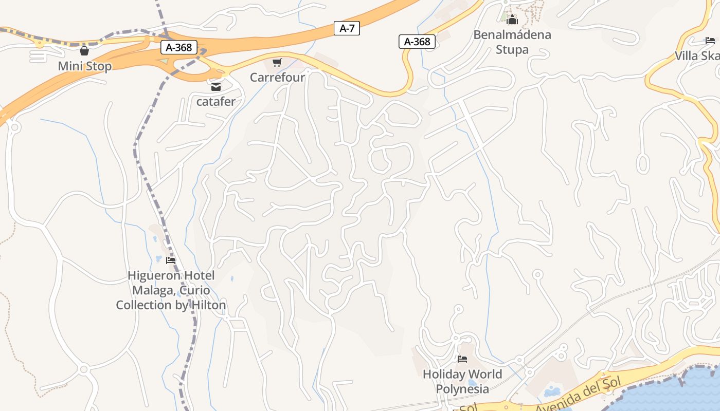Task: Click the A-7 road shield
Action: tap(347, 28)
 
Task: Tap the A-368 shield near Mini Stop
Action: tap(179, 48)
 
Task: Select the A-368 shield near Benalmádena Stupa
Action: tap(417, 42)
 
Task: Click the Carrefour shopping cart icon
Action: tap(277, 63)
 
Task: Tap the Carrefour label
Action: tap(277, 78)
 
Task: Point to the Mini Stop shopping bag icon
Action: tap(84, 51)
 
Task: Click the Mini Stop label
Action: tap(84, 66)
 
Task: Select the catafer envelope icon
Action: tap(215, 87)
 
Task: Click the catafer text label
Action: tap(215, 101)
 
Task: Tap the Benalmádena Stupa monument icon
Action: tap(512, 20)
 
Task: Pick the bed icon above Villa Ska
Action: tap(710, 41)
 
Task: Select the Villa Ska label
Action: tap(697, 56)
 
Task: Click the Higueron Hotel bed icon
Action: tap(171, 260)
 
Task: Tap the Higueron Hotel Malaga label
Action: tap(171, 290)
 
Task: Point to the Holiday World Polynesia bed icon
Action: tap(462, 359)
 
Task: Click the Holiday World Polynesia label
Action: tap(462, 381)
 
